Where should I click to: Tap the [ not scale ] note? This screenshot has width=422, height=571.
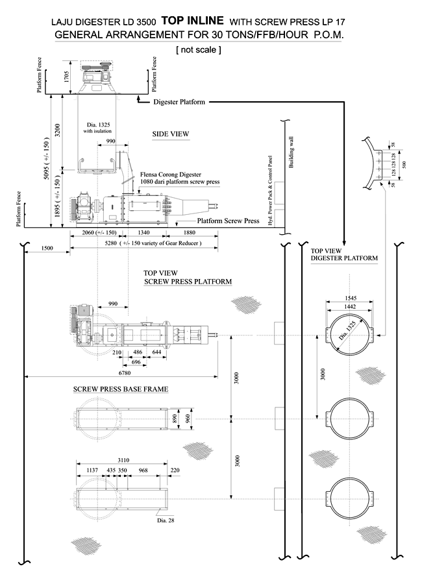[199, 49]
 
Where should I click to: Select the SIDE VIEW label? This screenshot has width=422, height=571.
[171, 134]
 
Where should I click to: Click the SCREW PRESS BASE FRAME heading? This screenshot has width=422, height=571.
[121, 389]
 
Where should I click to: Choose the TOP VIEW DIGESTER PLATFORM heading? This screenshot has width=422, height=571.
[344, 254]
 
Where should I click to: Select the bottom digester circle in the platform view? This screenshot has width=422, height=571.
[350, 496]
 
